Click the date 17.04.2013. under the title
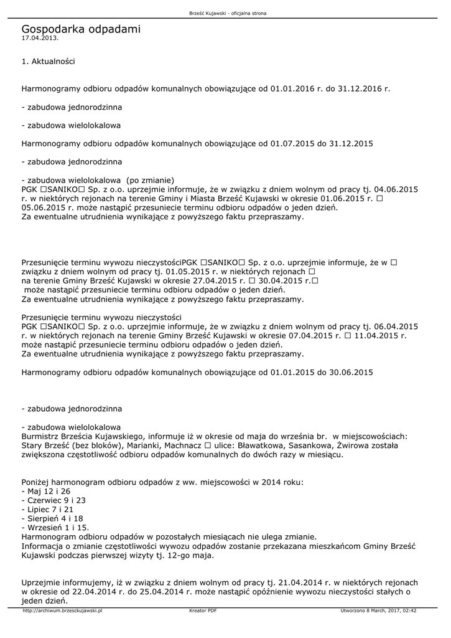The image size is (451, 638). pyautogui.click(x=40, y=38)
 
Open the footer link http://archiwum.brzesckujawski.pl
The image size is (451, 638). pyautogui.click(x=62, y=611)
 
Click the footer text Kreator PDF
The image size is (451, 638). pyautogui.click(x=203, y=611)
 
